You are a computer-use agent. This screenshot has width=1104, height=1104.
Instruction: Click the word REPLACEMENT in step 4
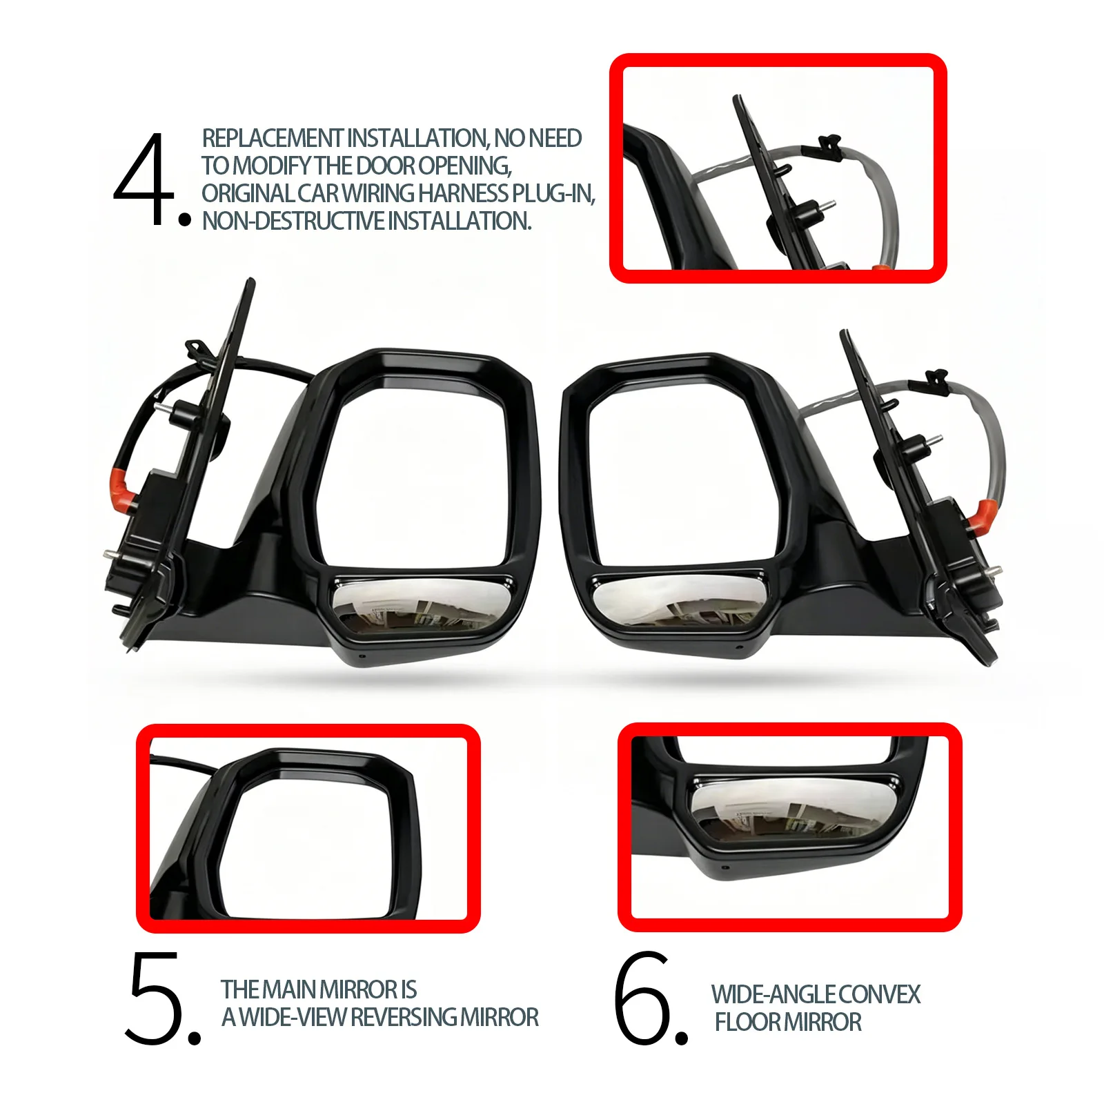272,138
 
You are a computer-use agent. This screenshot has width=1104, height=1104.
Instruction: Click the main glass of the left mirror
413,472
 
